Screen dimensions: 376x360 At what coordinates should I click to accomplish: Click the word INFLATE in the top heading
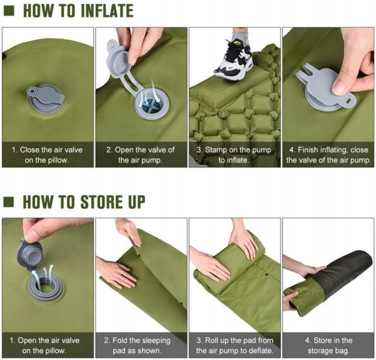pos(107,11)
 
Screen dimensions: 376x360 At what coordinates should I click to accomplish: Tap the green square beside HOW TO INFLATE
pos(9,11)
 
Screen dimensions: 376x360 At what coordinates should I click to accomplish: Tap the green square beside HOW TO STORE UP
pos(9,202)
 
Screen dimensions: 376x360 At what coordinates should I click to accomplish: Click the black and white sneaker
pos(234,60)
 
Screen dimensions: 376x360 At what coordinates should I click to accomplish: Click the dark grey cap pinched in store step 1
pos(29,253)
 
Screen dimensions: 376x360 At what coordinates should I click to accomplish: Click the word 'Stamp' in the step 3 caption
pos(216,150)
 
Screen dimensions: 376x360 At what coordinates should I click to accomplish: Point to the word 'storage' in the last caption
pos(319,351)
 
